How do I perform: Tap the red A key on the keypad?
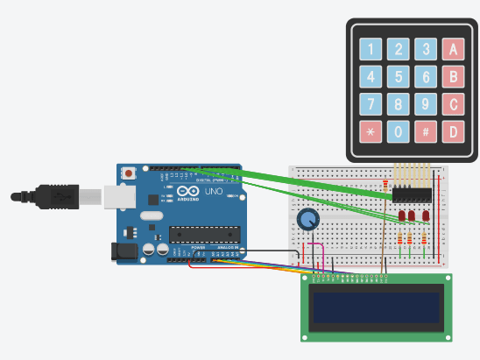(x=453, y=49)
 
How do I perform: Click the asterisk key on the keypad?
(x=371, y=132)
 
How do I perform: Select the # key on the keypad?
(x=426, y=132)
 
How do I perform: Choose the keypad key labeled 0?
(x=399, y=132)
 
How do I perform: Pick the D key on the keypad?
(x=453, y=132)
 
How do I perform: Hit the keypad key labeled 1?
(x=371, y=49)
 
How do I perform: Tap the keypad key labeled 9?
(x=426, y=105)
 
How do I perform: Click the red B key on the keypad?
(x=453, y=77)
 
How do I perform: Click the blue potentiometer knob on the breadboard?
(x=308, y=220)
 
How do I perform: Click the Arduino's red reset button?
(x=130, y=173)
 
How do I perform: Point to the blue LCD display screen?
(x=377, y=307)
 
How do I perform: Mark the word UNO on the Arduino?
(x=215, y=192)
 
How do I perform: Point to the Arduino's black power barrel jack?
(x=124, y=251)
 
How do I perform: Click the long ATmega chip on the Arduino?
(x=204, y=234)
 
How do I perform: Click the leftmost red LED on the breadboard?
(x=401, y=215)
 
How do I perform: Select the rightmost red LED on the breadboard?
(x=426, y=215)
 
